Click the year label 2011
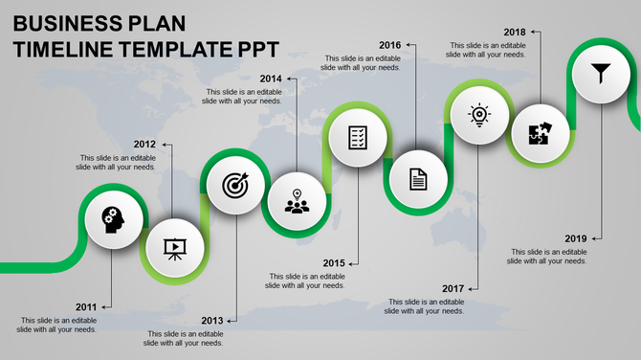point(86,307)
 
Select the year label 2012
point(144,145)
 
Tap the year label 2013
point(212,320)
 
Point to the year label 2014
point(271,79)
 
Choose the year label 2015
point(334,262)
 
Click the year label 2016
point(389,45)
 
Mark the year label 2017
point(453,288)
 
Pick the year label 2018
point(514,32)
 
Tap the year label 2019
point(576,238)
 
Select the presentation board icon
point(174,248)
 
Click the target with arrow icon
point(234,185)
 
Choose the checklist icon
point(358,137)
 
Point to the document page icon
point(418,178)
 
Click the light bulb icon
point(478,115)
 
